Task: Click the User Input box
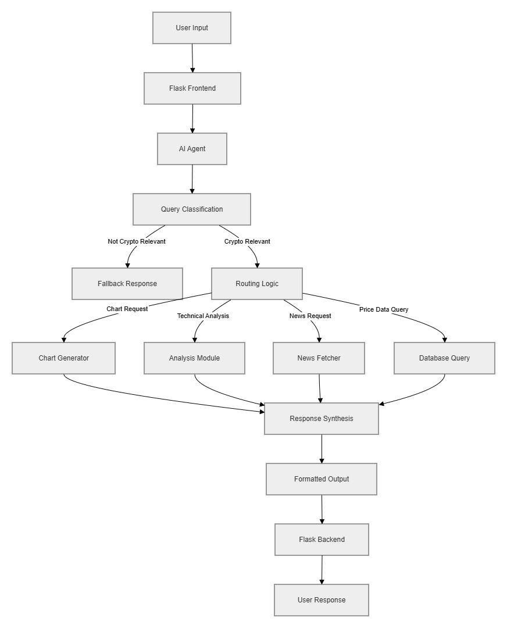192,28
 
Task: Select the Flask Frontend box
192,88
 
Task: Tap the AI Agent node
192,149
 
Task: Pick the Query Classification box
192,209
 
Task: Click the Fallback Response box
127,284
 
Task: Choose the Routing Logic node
257,284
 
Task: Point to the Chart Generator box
64,358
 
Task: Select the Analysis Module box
195,358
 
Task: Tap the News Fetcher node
319,358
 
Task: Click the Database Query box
445,358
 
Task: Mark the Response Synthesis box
322,419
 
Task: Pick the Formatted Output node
322,479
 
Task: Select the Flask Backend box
322,540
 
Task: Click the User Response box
322,600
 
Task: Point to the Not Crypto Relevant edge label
137,241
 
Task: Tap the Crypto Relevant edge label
247,241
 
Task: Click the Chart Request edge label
127,309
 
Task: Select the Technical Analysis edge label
203,316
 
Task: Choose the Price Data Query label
384,309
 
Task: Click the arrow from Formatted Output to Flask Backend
322,509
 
